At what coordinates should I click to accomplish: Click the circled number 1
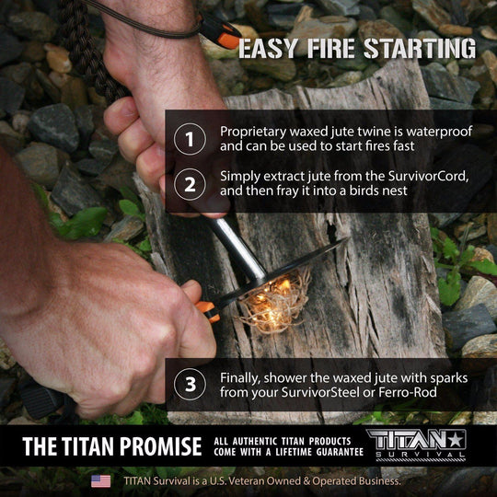189,140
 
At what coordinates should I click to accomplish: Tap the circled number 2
189,183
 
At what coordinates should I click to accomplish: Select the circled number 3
189,385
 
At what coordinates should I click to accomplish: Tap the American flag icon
101,480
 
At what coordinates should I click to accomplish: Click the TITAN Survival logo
417,445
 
